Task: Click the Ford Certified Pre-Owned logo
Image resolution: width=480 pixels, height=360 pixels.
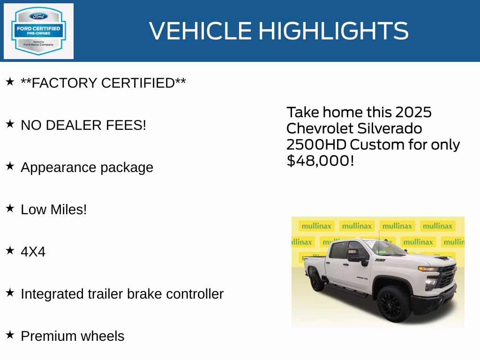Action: coord(38,31)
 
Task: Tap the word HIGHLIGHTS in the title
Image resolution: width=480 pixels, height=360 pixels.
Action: coord(333,31)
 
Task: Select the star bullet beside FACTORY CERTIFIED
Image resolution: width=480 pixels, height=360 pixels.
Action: coord(10,82)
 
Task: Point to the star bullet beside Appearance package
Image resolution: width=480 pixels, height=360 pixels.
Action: coord(10,166)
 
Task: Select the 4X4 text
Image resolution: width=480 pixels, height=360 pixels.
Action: coord(33,252)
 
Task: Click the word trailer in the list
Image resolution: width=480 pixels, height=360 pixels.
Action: coord(112,294)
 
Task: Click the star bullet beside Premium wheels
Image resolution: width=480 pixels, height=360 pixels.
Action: coord(10,335)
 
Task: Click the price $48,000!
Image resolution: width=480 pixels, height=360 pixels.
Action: coord(320,161)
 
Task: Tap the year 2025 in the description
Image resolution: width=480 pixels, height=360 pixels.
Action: coord(413,112)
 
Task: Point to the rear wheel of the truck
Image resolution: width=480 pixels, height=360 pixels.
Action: coord(317,282)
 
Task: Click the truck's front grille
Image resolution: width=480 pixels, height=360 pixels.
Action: coord(447,277)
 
